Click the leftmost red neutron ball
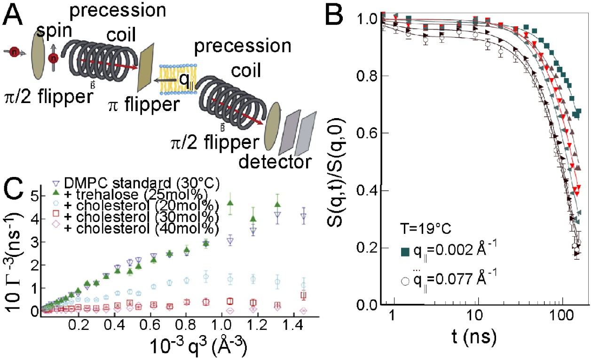pos(15,50)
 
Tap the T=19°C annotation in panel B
pos(422,230)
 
